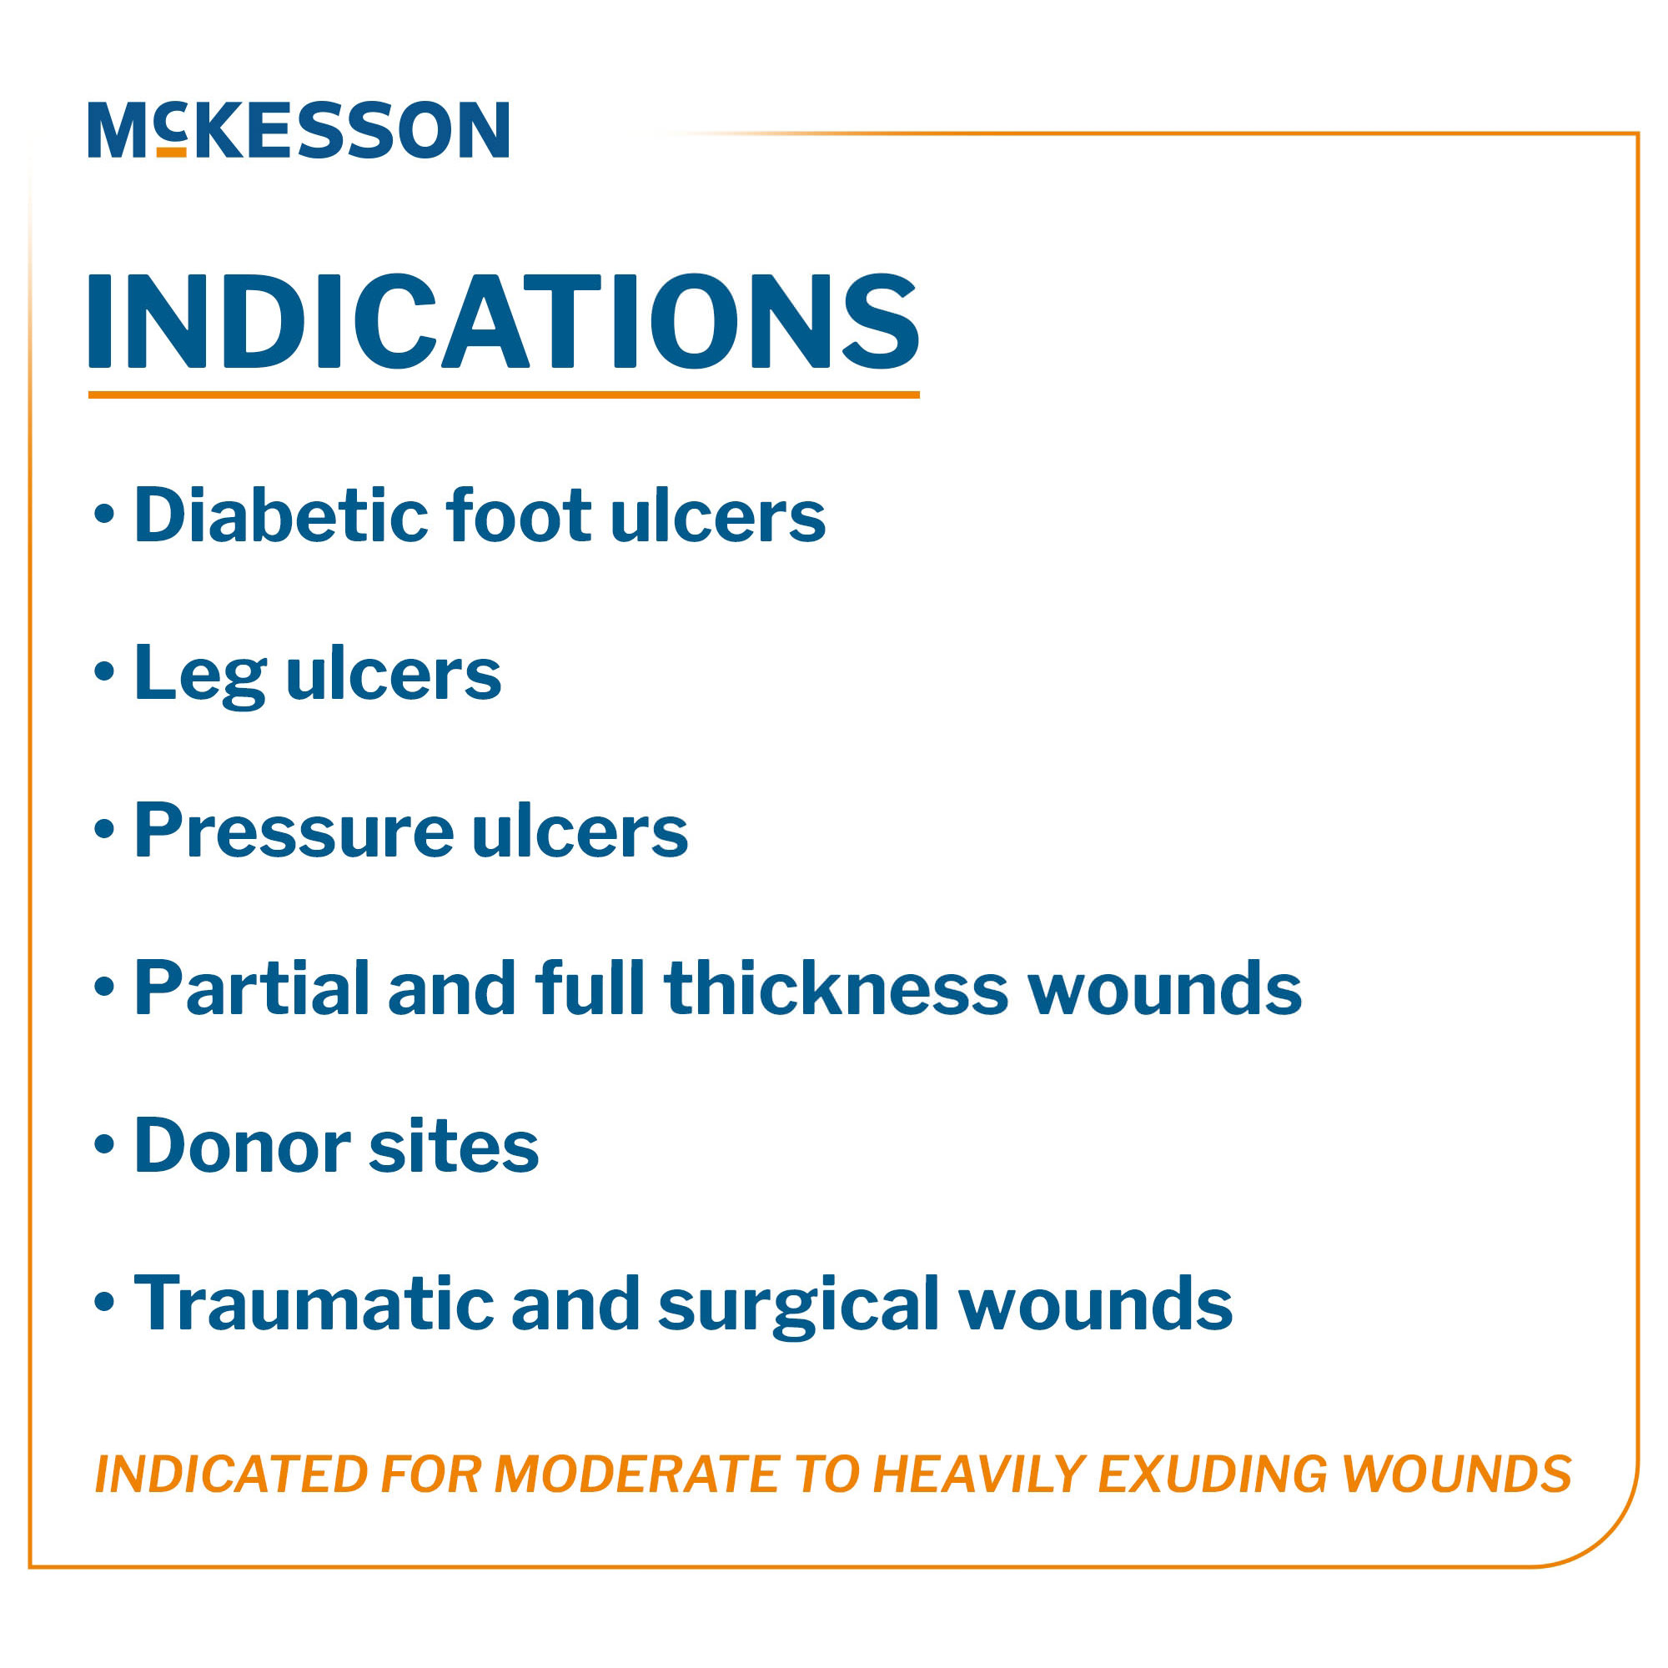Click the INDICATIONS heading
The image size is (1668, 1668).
[x=504, y=321]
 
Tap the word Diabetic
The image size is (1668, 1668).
[x=279, y=515]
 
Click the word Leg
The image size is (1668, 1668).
[x=199, y=674]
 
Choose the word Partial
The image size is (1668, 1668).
[x=251, y=987]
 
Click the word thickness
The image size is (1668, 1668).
[x=836, y=987]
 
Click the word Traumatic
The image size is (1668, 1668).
[x=313, y=1303]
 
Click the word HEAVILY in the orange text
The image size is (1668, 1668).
[x=978, y=1474]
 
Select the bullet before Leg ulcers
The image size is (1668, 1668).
[x=104, y=672]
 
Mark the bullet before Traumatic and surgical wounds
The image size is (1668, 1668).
[x=104, y=1302]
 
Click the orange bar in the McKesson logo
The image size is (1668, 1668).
[x=172, y=152]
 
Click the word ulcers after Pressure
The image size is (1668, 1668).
[x=580, y=831]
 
